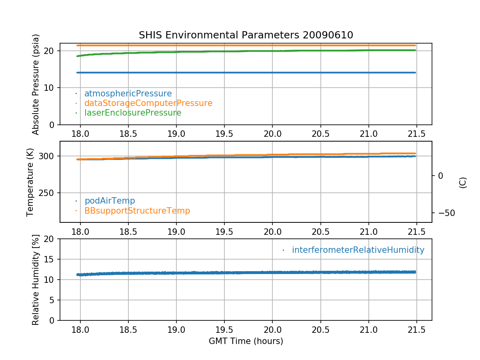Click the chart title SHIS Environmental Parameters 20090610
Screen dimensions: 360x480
point(246,35)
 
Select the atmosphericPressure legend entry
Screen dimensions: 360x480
point(128,94)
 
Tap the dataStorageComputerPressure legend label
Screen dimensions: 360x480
point(148,103)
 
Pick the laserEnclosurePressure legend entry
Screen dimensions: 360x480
point(133,113)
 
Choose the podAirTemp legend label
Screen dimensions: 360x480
point(110,201)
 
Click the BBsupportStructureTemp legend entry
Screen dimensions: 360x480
point(137,210)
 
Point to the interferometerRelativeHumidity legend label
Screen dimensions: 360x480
point(358,250)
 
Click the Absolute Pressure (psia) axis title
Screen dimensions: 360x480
point(36,84)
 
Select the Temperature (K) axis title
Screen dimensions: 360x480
point(30,182)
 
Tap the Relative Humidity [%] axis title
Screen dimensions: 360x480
point(36,280)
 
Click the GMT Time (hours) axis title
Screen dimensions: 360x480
point(246,341)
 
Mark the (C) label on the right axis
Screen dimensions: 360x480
point(463,182)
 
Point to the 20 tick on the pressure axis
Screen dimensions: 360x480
point(50,51)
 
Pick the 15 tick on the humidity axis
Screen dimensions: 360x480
point(50,259)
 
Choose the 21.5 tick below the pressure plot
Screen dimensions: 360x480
point(416,133)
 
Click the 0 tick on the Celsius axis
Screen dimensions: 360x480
point(440,176)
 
